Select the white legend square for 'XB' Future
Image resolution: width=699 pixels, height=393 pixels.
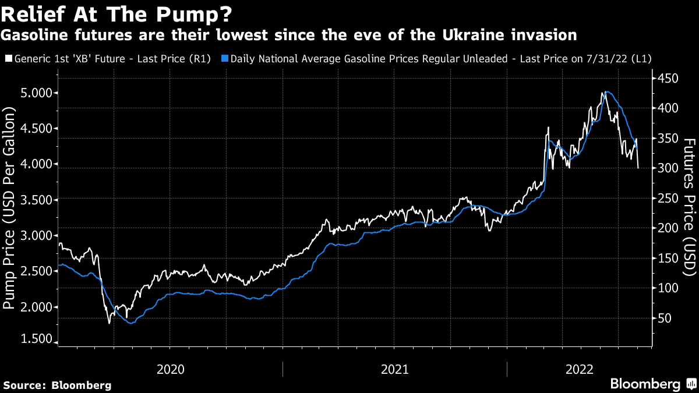[8, 59]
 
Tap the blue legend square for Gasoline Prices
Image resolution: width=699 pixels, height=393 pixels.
[225, 59]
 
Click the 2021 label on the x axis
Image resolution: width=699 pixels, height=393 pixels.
[394, 369]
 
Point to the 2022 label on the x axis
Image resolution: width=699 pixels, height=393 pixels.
[580, 369]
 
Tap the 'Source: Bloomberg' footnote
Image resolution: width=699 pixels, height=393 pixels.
[57, 385]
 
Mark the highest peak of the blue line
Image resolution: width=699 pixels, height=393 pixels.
[608, 92]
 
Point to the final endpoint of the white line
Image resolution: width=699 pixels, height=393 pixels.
[638, 168]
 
